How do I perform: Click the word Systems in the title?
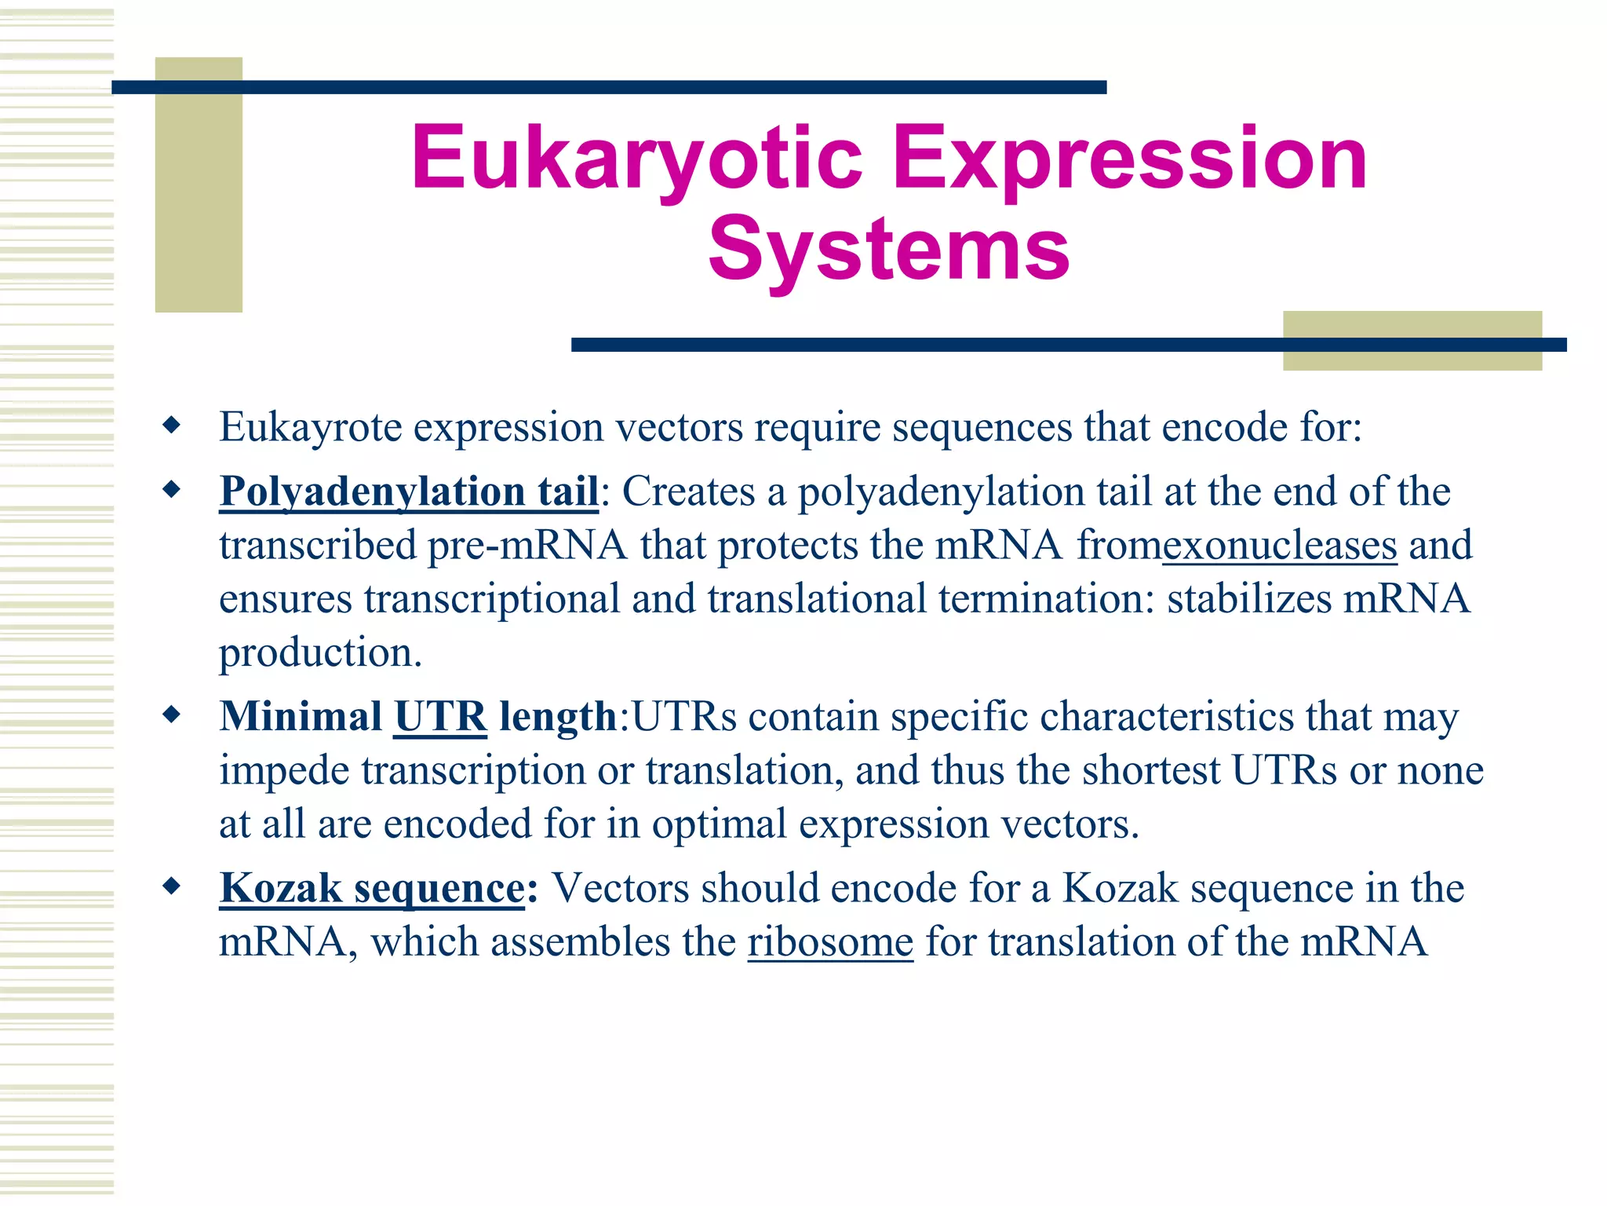click(888, 250)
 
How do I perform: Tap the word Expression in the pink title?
click(1130, 159)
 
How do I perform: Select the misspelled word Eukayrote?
click(311, 428)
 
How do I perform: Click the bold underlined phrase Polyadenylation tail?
click(409, 493)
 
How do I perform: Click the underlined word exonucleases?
click(1279, 546)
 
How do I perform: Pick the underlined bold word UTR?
click(440, 717)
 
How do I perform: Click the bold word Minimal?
click(301, 717)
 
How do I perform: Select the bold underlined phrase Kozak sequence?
click(372, 889)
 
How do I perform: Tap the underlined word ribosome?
click(830, 942)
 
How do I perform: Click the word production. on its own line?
click(320, 653)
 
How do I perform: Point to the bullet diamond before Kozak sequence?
click(171, 887)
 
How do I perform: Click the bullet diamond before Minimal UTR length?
click(171, 715)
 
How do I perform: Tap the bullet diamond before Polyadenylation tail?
click(171, 491)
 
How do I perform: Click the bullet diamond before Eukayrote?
click(171, 426)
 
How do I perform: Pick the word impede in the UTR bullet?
click(284, 771)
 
